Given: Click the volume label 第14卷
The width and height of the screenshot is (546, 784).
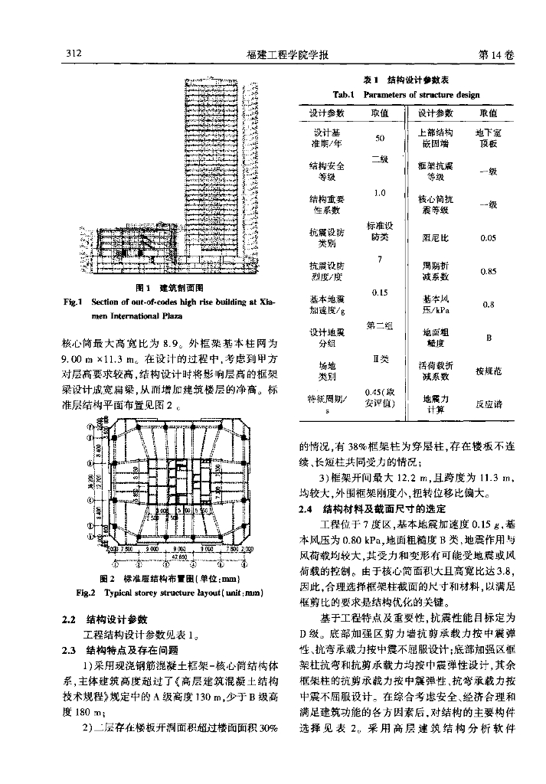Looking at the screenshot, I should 495,55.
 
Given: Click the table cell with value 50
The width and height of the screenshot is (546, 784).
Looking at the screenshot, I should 379,139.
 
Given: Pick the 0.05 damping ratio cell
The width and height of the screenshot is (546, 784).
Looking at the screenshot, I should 488,238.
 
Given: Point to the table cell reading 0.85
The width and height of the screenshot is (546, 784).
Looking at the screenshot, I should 488,271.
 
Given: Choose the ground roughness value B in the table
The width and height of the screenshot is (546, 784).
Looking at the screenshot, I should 488,338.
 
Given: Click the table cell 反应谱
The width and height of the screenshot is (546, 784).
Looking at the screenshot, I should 488,403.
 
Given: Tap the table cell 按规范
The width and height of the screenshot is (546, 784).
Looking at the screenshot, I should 488,371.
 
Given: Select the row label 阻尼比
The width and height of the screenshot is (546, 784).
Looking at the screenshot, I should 434,238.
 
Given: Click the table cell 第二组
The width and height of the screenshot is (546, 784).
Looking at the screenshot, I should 379,326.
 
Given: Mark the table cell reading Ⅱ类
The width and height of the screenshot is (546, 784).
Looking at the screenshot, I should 379,359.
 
